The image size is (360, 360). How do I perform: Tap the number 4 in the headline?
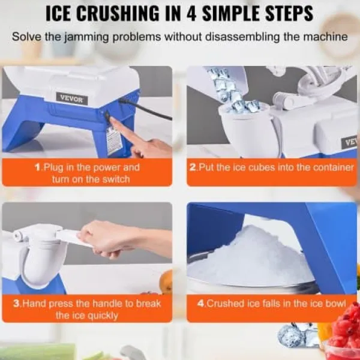[192, 13]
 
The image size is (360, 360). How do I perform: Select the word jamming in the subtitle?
[86, 37]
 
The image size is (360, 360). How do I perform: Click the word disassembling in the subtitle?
[242, 37]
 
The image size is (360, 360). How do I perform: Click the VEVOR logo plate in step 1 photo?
[71, 98]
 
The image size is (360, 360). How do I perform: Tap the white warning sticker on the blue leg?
[113, 141]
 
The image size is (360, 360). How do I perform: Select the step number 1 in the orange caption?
[38, 167]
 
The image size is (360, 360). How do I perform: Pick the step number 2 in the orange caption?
[193, 167]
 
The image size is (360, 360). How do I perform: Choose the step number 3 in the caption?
[17, 303]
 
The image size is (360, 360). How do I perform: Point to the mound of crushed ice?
[250, 257]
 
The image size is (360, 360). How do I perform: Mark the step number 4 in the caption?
[201, 303]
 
